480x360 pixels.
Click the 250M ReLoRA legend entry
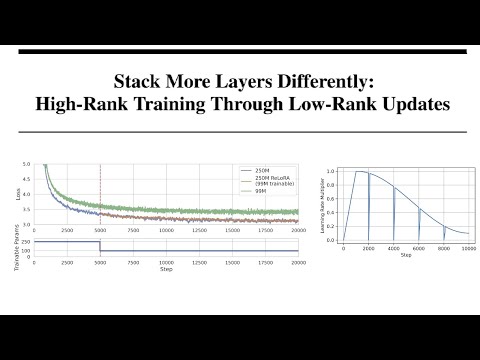pyautogui.click(x=270, y=177)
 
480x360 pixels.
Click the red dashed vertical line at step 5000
pyautogui.click(x=99, y=195)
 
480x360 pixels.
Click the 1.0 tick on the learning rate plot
pyautogui.click(x=332, y=172)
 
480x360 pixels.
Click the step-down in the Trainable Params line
pyautogui.click(x=99, y=246)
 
